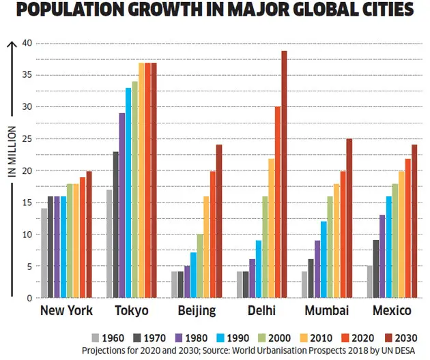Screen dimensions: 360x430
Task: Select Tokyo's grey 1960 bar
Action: pos(110,243)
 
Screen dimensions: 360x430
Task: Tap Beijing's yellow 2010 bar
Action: pos(205,247)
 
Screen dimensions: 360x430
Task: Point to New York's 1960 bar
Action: pos(44,253)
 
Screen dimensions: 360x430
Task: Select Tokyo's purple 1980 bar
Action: pos(121,205)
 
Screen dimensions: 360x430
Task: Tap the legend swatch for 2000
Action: pos(259,337)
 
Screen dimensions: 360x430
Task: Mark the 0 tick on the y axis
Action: pos(29,298)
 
